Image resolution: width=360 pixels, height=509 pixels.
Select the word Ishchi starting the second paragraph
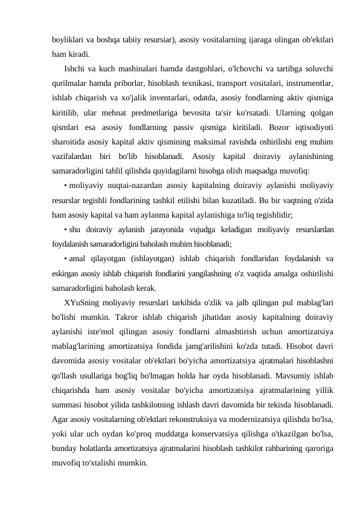click(75, 68)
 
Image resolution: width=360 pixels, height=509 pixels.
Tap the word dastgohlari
click(214, 68)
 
